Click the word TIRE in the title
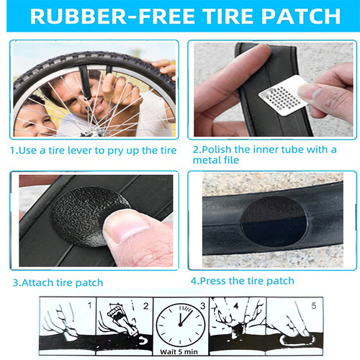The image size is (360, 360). pos(215,16)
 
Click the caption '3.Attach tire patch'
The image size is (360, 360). pos(58,282)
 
